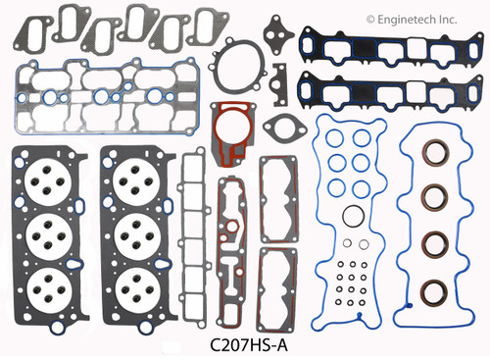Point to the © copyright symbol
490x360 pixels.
370,19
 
